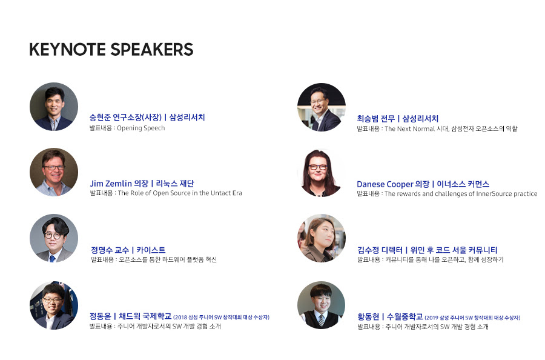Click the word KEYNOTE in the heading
pos(67,49)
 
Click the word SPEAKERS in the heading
pos(152,49)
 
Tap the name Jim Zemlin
pos(111,183)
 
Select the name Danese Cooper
pos(385,184)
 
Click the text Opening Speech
pos(140,128)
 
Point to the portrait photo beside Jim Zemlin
pos(54,172)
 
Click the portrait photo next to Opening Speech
pos(54,107)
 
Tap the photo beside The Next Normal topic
pos(322,107)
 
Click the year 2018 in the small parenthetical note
pos(180,317)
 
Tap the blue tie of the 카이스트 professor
pos(53,258)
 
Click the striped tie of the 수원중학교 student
pos(322,320)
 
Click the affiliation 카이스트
pos(151,250)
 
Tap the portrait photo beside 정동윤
pos(54,305)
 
